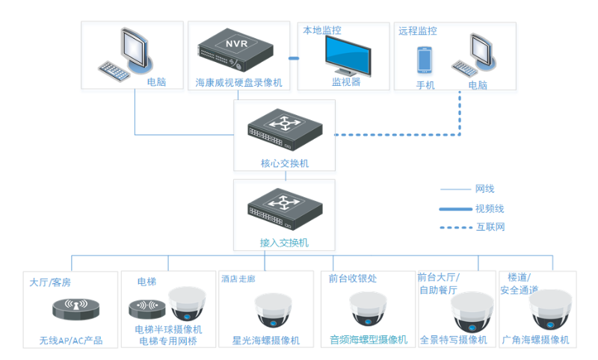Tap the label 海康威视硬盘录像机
pyautogui.click(x=238, y=82)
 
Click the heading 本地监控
pyautogui.click(x=321, y=31)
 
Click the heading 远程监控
pyautogui.click(x=417, y=31)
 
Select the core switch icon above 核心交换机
pyautogui.click(x=284, y=128)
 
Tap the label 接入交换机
pyautogui.click(x=284, y=243)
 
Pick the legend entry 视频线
pyautogui.click(x=490, y=208)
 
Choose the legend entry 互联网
pyautogui.click(x=490, y=226)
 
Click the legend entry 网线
pyautogui.click(x=484, y=189)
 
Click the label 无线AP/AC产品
pyautogui.click(x=71, y=341)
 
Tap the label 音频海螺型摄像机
pyautogui.click(x=369, y=340)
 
